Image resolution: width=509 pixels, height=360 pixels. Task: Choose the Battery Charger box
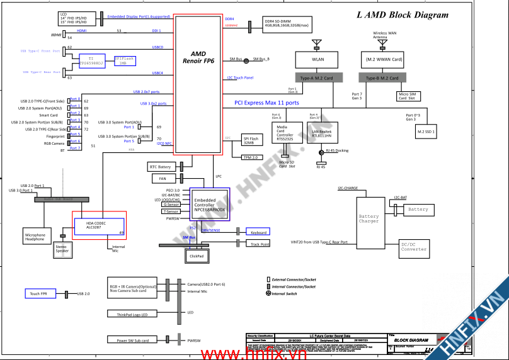coord(369,218)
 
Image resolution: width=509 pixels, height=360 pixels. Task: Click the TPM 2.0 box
coord(251,157)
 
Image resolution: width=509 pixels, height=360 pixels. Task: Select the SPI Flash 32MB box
coord(251,140)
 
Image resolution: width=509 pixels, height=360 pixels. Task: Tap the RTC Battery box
coord(161,167)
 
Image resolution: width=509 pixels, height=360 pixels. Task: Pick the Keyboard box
coord(258,232)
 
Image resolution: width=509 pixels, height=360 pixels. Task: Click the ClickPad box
coord(197,256)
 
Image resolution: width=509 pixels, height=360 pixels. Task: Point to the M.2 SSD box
coord(426,132)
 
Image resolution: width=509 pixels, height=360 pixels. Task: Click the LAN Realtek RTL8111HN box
coord(323,133)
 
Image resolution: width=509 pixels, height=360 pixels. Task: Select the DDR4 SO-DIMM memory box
coord(287,24)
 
